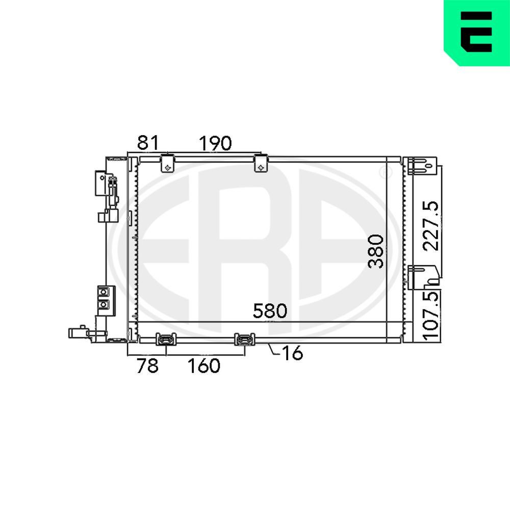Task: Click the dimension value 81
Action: tap(148, 142)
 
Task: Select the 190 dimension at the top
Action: tap(215, 143)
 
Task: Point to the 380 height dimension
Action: tap(376, 251)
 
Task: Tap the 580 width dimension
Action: tap(270, 311)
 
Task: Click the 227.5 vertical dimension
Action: tap(430, 226)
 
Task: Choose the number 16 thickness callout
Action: tap(292, 353)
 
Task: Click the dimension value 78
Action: tap(148, 366)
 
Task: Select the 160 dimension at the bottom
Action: tap(204, 366)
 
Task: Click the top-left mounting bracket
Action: tap(167, 163)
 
